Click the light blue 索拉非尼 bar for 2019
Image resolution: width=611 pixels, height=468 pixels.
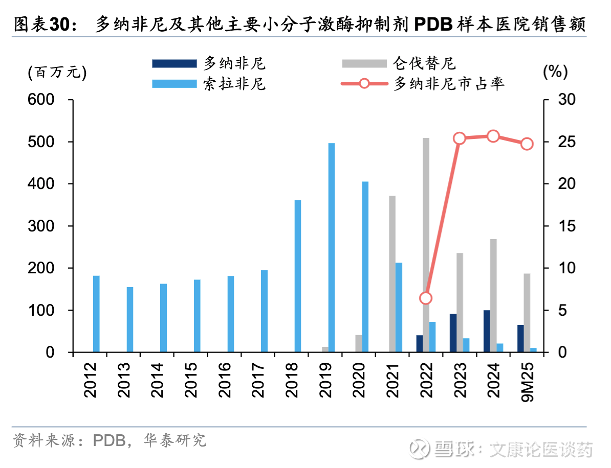click(331, 248)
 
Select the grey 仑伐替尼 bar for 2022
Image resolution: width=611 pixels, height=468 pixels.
click(426, 245)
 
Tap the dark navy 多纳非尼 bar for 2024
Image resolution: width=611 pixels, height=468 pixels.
click(487, 331)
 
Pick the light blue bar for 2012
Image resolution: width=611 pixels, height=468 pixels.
click(96, 314)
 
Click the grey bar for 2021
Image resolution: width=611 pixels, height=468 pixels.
click(392, 274)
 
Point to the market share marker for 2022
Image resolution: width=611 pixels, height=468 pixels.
click(426, 298)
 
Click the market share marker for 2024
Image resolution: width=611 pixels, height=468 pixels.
click(493, 136)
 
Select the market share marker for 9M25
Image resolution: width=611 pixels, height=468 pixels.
click(527, 144)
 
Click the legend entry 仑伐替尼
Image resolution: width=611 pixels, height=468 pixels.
click(424, 63)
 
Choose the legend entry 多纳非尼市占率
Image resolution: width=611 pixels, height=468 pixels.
click(448, 83)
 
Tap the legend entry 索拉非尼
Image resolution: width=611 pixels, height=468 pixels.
click(234, 83)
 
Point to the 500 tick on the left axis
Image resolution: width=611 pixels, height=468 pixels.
click(44, 142)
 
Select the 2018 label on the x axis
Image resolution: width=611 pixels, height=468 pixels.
click(292, 380)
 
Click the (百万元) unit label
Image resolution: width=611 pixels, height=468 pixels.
click(57, 72)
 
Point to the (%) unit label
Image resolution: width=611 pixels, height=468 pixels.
click(555, 72)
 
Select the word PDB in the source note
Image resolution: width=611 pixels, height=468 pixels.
click(109, 440)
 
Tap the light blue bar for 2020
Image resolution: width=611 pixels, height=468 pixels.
click(365, 267)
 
